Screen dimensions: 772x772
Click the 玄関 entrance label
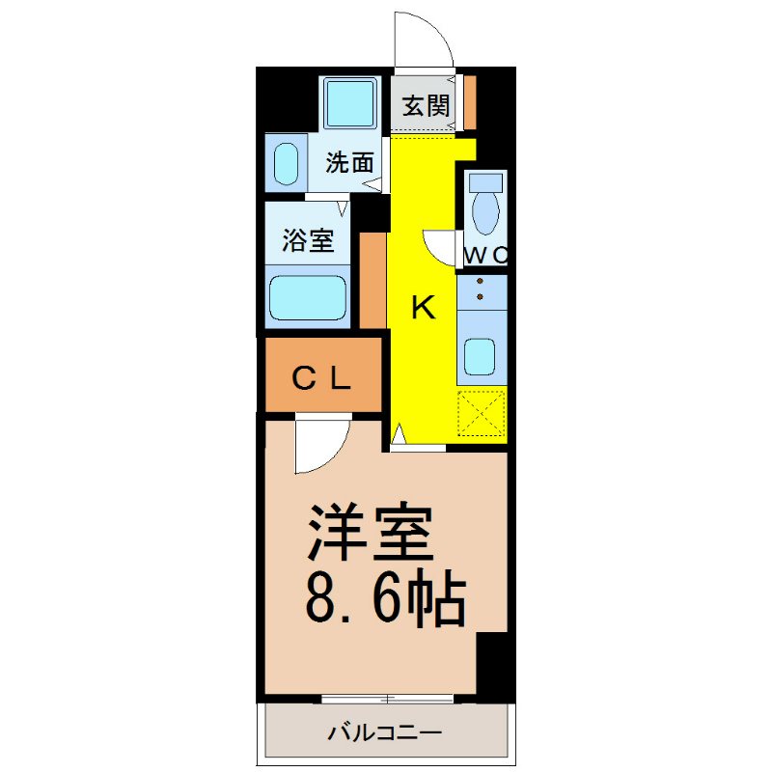coord(426,105)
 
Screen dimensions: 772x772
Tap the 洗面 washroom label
coord(349,162)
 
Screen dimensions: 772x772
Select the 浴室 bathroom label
coord(308,240)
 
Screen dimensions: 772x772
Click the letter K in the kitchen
coord(424,307)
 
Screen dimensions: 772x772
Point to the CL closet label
coord(321,378)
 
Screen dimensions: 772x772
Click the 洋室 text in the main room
coord(371,532)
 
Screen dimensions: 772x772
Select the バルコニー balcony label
coord(385,733)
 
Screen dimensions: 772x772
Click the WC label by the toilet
coord(485,255)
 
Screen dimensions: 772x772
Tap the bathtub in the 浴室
coord(308,297)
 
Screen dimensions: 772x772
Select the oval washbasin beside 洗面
coord(286,164)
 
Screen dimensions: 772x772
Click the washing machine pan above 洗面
coord(349,103)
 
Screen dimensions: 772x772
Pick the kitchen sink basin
coord(480,356)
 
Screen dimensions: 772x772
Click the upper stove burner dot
coord(480,281)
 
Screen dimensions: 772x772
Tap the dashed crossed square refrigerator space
coord(482,413)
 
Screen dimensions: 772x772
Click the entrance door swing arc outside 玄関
coord(431,29)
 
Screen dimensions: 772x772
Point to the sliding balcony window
coord(387,698)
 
